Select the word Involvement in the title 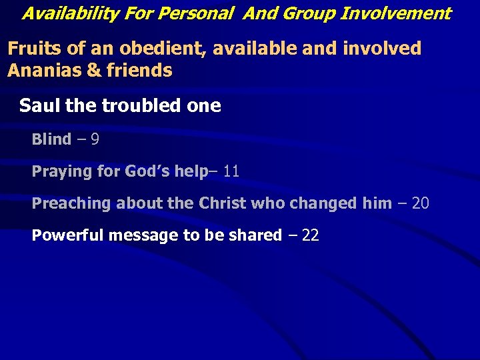tap(396, 13)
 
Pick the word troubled tap(133, 106)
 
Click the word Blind tap(51, 140)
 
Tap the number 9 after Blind tap(95, 140)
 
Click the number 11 tap(231, 172)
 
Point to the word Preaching tap(72, 203)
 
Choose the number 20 tap(421, 203)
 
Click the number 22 tap(311, 235)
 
